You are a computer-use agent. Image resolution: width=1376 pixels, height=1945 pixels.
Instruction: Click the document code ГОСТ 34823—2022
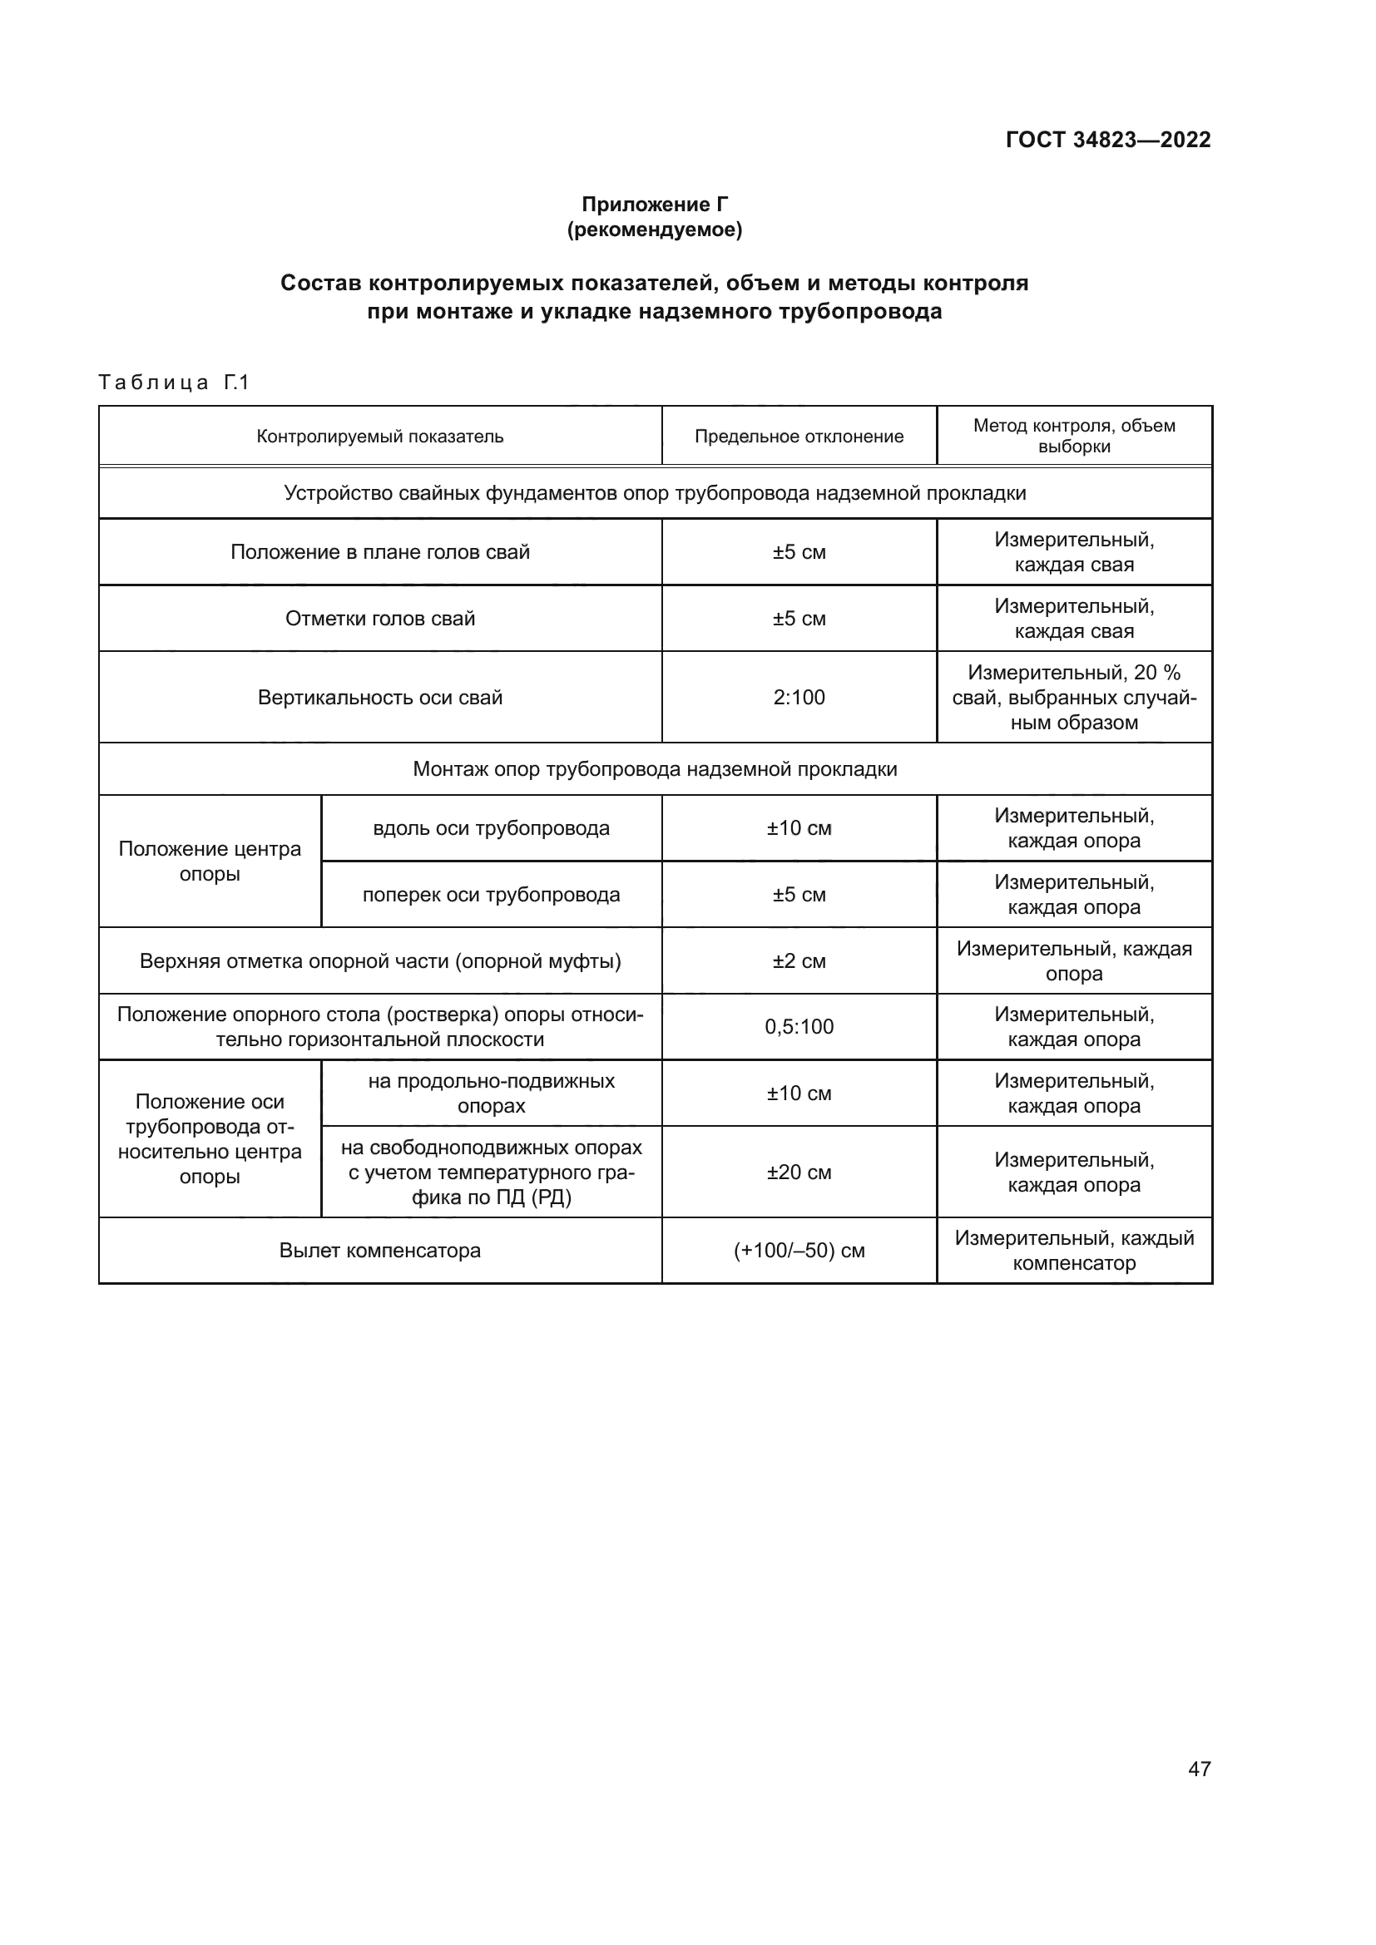point(1107,140)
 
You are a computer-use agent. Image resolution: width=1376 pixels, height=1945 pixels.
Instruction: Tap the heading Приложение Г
point(654,205)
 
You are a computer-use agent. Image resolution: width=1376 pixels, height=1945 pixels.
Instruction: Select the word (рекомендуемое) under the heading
point(654,230)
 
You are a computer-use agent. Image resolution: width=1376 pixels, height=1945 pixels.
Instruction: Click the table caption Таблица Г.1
point(174,383)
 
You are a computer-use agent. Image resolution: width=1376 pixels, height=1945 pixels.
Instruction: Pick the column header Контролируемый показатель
point(379,437)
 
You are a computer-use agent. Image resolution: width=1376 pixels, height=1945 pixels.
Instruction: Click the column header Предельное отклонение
point(798,437)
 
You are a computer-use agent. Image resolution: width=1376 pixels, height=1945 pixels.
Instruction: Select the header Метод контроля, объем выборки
point(1073,436)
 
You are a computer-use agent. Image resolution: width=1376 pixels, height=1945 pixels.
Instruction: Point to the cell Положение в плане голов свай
point(379,552)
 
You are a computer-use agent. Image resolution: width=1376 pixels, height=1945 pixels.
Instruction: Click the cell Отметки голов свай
point(379,619)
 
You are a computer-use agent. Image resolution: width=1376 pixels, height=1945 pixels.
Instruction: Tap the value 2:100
point(798,697)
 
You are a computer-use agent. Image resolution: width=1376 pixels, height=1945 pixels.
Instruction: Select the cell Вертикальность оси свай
point(379,697)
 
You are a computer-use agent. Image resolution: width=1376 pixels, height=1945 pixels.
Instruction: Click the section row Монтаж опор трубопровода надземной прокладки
point(654,769)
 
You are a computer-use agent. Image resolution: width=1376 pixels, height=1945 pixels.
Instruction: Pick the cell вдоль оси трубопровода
point(491,827)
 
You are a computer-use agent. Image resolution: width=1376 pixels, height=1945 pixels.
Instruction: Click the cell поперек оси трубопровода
point(491,895)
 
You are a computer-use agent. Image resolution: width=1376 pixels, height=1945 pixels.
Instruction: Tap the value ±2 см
point(798,960)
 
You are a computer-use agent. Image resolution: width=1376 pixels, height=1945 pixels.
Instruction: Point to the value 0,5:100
point(798,1027)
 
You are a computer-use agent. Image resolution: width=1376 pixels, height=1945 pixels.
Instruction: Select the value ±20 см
point(798,1172)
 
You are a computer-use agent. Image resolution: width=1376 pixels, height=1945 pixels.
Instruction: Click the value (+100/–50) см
point(798,1251)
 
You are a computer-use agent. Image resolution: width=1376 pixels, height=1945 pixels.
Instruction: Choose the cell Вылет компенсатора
point(379,1251)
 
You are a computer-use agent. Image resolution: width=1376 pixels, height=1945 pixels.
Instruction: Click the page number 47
point(1199,1769)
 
